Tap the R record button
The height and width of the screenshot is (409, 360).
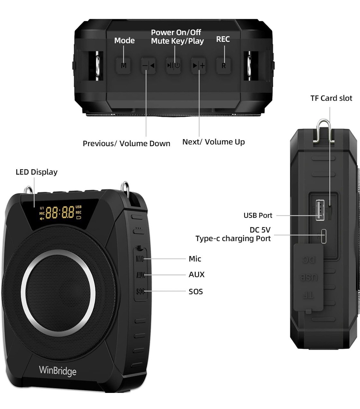pyautogui.click(x=223, y=66)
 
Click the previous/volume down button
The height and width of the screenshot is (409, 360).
pyautogui.click(x=148, y=66)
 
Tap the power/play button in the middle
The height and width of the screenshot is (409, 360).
pyautogui.click(x=174, y=66)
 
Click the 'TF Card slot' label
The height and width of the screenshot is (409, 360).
pyautogui.click(x=331, y=98)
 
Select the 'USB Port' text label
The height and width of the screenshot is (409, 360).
pyautogui.click(x=258, y=215)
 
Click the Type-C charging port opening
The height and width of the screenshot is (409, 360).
pyautogui.click(x=324, y=236)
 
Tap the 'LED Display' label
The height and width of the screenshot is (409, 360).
pyautogui.click(x=37, y=172)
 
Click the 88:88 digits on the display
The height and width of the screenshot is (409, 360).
pyautogui.click(x=60, y=212)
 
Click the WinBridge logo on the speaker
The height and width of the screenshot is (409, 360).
pyautogui.click(x=58, y=371)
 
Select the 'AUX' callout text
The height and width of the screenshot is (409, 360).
pyautogui.click(x=196, y=274)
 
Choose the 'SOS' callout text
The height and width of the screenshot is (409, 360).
pyautogui.click(x=196, y=292)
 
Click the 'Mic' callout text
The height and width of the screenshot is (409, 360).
pyautogui.click(x=195, y=259)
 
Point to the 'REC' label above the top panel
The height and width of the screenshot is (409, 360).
pyautogui.click(x=223, y=39)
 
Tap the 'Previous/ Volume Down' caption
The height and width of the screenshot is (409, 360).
pyautogui.click(x=126, y=144)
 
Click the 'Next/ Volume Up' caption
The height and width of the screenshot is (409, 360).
pyautogui.click(x=213, y=142)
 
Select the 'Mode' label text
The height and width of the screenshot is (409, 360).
pyautogui.click(x=124, y=41)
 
